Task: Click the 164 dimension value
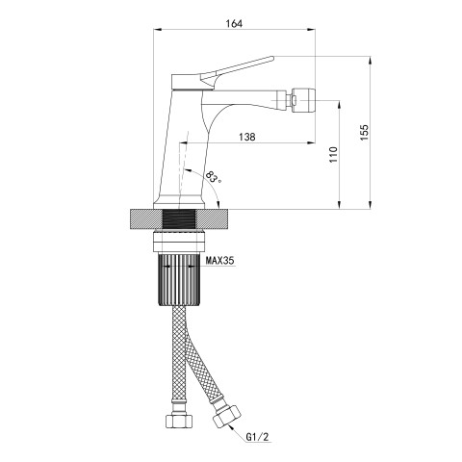(x=234, y=23)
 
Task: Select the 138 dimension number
(x=247, y=137)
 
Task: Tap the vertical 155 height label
(x=365, y=132)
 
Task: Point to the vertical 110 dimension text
(x=334, y=154)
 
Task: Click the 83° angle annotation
(x=214, y=177)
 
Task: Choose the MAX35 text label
(x=219, y=261)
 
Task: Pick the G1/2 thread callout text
(x=257, y=437)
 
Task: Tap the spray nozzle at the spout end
(x=303, y=99)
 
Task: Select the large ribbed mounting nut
(x=179, y=278)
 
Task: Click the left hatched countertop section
(x=146, y=219)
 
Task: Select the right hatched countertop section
(x=212, y=219)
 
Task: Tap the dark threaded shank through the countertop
(x=179, y=219)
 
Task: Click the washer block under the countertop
(x=179, y=241)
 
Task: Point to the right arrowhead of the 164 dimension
(x=311, y=30)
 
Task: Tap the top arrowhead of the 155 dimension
(x=371, y=61)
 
